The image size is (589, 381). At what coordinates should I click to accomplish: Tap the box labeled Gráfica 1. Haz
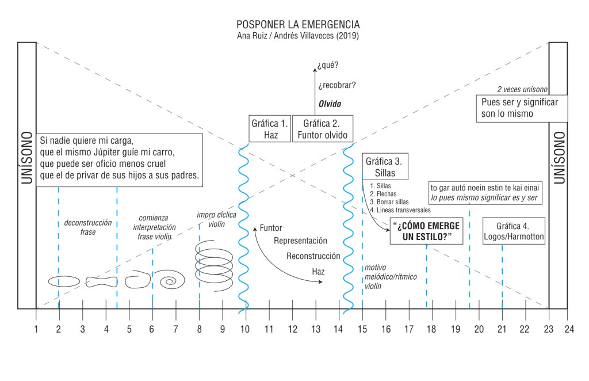pyautogui.click(x=269, y=129)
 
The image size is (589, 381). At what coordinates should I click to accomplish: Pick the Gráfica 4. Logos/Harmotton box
pyautogui.click(x=513, y=231)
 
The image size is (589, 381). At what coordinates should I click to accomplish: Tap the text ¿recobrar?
pyautogui.click(x=336, y=85)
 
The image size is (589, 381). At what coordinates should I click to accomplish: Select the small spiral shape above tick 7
pyautogui.click(x=172, y=281)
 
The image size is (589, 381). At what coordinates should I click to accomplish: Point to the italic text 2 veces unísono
pyautogui.click(x=522, y=90)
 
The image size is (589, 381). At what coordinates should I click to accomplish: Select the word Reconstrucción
pyautogui.click(x=313, y=256)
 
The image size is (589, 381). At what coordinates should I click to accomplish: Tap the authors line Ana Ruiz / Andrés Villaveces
pyautogui.click(x=298, y=37)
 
